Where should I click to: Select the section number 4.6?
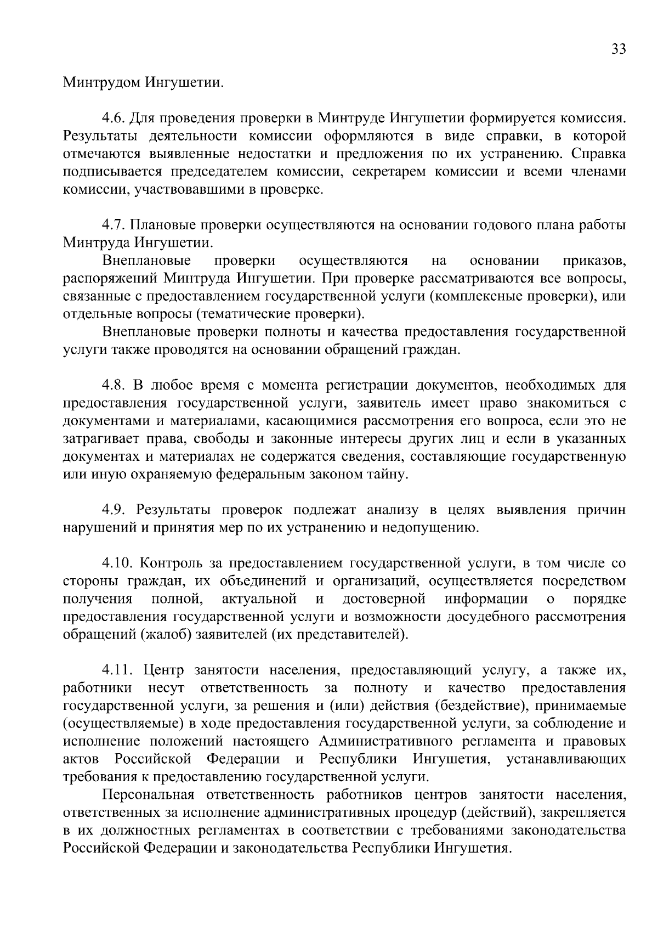(113, 118)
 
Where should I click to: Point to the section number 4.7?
(113, 225)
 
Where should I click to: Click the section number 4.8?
(113, 386)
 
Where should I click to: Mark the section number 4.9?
(113, 510)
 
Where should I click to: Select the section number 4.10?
(117, 563)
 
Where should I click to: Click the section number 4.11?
(117, 670)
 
